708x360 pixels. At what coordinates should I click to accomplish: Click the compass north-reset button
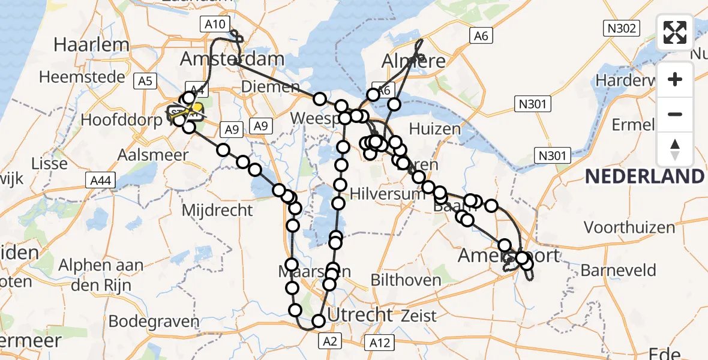tap(675, 149)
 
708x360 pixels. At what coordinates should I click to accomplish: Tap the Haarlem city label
tap(91, 44)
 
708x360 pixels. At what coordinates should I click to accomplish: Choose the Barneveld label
tap(618, 270)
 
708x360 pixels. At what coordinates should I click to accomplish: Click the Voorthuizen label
tap(629, 227)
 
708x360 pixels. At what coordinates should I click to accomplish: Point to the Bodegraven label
tap(154, 321)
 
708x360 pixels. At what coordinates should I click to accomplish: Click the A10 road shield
tap(214, 25)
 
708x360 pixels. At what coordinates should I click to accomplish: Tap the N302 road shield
tap(622, 28)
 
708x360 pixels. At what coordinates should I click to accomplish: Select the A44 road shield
tap(100, 179)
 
